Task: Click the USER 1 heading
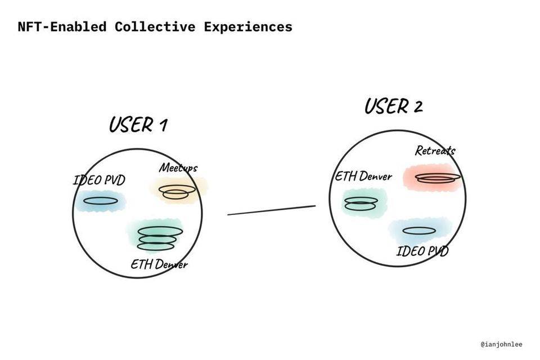[x=138, y=124]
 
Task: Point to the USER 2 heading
[x=393, y=106]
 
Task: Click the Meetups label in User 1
[x=178, y=167]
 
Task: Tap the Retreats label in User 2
[x=435, y=150]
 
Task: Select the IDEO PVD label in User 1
[x=99, y=181]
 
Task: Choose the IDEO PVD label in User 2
[x=422, y=250]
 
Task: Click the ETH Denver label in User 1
[x=159, y=264]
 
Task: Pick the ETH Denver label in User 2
[x=363, y=176]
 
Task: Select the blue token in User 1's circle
[x=101, y=200]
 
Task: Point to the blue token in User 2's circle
[x=420, y=231]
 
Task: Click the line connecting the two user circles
[x=271, y=210]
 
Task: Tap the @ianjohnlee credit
[x=502, y=343]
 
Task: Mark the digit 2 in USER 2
[x=416, y=106]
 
